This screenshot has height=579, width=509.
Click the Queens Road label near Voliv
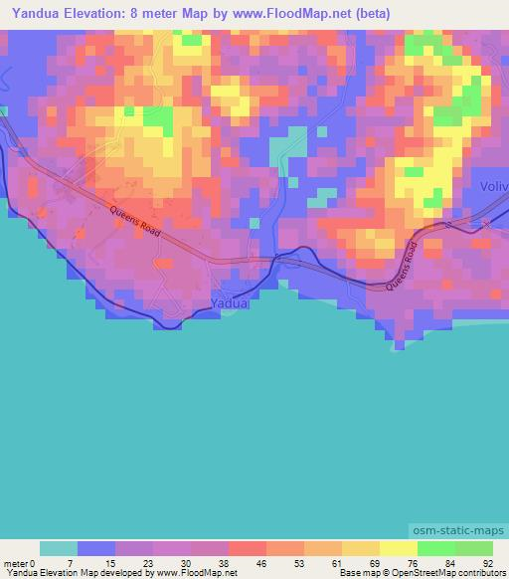(406, 268)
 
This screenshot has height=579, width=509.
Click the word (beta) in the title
(369, 14)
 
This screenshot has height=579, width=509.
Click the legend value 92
(487, 562)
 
